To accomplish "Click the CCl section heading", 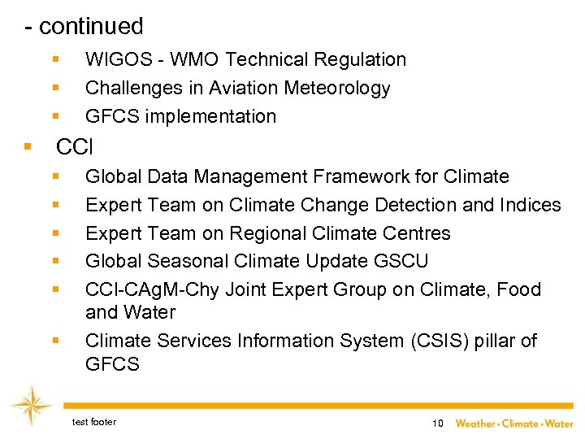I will (x=74, y=147).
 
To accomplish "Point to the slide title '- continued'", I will (x=84, y=26).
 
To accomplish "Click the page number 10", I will (x=438, y=424).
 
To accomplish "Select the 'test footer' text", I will (x=93, y=422).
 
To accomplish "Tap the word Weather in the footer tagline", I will (x=475, y=424).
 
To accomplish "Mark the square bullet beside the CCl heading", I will (x=28, y=147).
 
